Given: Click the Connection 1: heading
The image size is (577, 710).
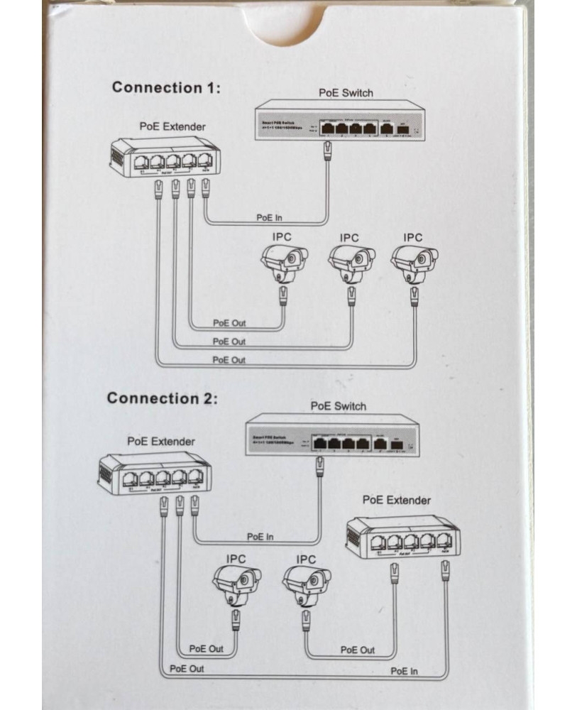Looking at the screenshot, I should click(x=166, y=87).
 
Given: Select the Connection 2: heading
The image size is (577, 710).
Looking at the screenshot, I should click(x=162, y=398).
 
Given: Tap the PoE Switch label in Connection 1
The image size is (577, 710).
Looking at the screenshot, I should click(x=346, y=93).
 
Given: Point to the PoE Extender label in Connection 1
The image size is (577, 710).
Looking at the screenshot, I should click(x=172, y=126).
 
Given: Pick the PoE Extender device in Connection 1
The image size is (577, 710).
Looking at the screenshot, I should click(x=164, y=159).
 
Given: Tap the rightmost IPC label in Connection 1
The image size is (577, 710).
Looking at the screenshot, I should click(x=412, y=237).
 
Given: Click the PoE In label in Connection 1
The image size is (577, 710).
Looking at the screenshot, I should click(x=268, y=217).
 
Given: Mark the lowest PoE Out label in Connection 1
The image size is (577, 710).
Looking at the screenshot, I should click(x=229, y=360).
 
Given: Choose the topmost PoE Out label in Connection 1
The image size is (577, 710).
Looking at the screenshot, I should click(x=229, y=322).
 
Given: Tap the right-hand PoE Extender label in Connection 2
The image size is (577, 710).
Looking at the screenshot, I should click(x=396, y=500).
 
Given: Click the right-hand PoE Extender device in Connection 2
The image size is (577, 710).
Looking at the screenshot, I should click(x=402, y=536).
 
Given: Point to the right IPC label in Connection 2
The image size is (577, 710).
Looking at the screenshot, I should click(x=306, y=559).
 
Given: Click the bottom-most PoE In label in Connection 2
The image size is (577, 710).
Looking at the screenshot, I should click(x=405, y=671).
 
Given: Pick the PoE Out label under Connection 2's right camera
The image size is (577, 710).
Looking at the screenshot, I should click(x=358, y=649).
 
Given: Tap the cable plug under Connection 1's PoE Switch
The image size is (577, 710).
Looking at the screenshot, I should click(x=327, y=150).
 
